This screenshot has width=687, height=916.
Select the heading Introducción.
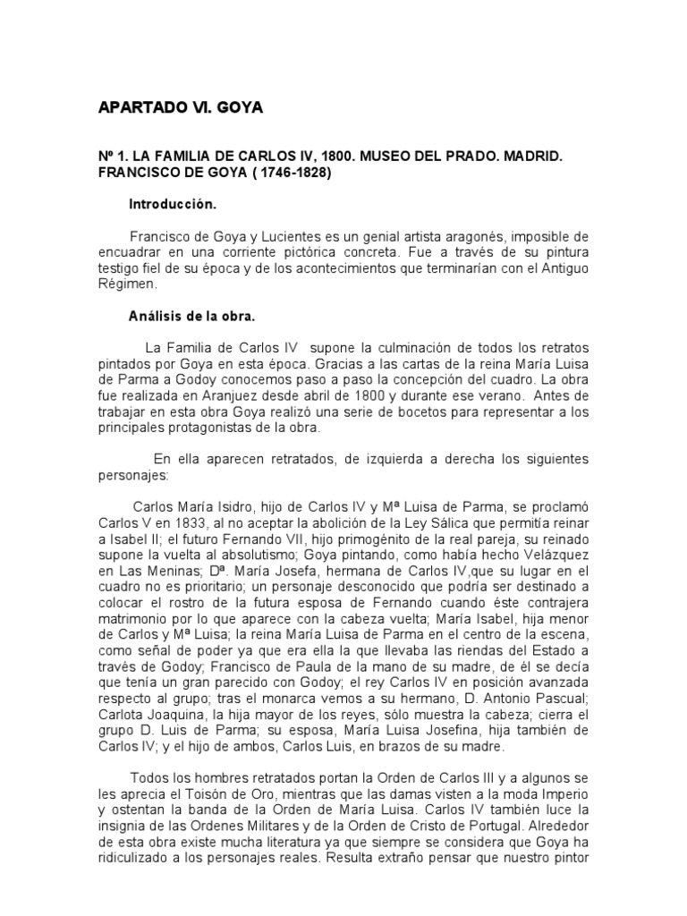pos(174,204)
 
